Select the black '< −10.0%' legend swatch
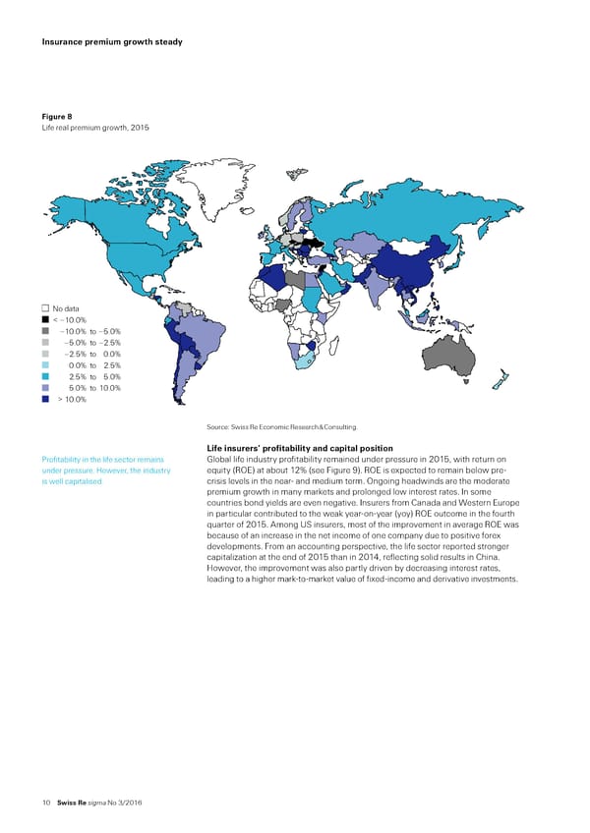[x=45, y=320]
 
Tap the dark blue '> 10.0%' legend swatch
[x=45, y=400]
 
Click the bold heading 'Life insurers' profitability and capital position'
[x=301, y=449]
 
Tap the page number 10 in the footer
[x=46, y=803]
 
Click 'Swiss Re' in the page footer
[x=72, y=803]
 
